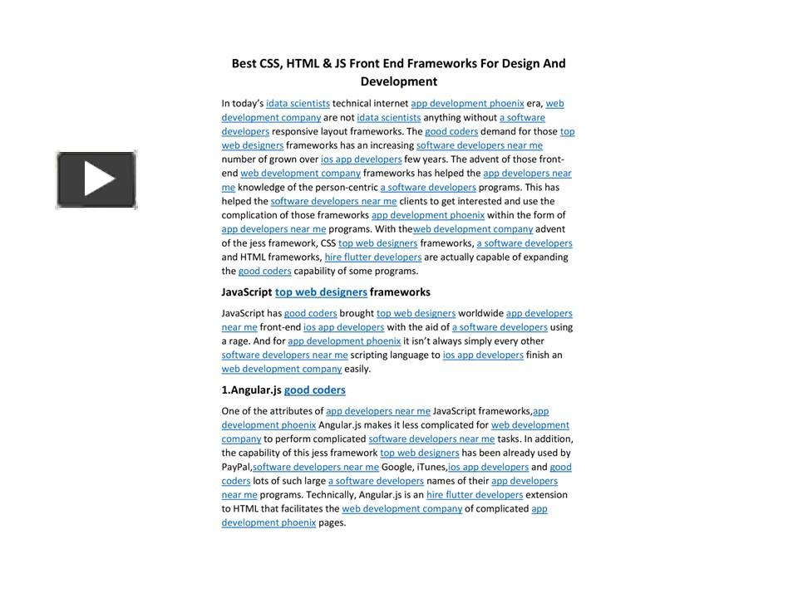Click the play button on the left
point(96,179)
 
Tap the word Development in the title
point(398,81)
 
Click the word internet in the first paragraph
point(388,104)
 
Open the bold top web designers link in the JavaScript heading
point(321,292)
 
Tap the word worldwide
point(480,313)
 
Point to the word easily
point(357,369)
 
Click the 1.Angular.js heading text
point(251,390)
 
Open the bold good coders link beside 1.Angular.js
point(314,390)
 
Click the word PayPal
point(236,467)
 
